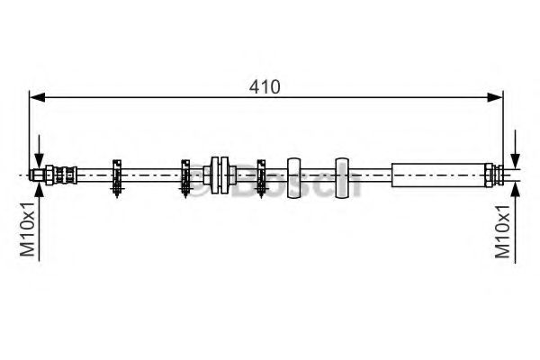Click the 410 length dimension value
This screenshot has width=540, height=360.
click(267, 87)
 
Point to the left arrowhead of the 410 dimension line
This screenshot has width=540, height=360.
click(37, 98)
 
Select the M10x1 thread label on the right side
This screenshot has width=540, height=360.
click(505, 229)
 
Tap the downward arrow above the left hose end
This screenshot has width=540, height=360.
click(39, 151)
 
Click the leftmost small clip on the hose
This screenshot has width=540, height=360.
click(117, 175)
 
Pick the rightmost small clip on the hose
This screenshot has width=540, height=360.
click(262, 175)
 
